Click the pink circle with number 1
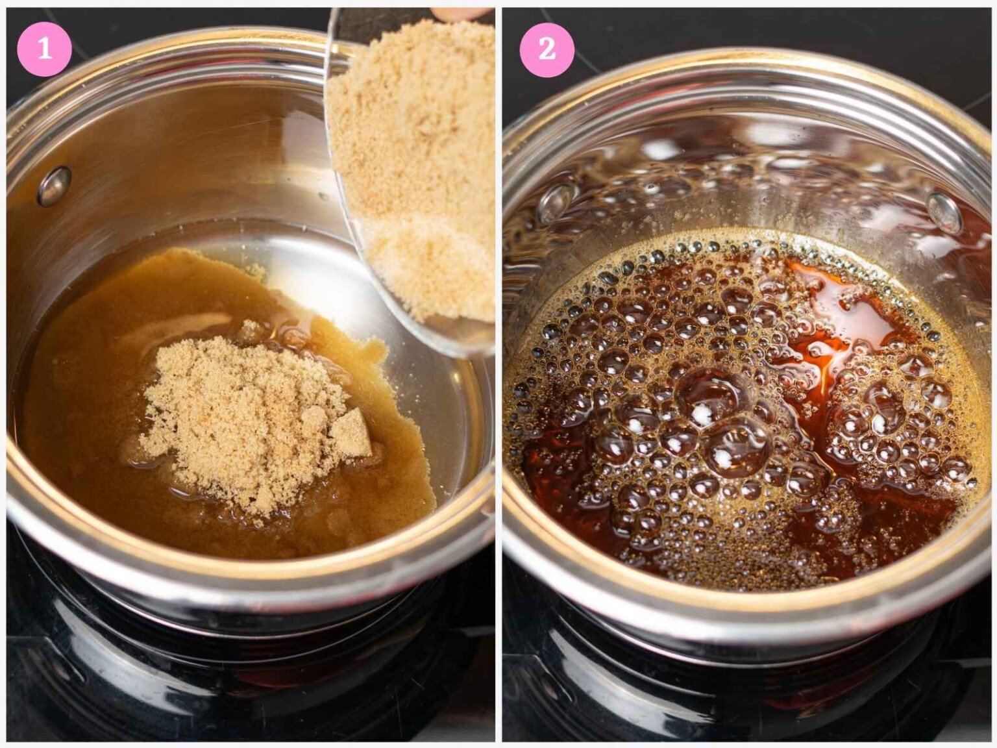44,49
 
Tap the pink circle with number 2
547,49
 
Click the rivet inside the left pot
54,186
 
